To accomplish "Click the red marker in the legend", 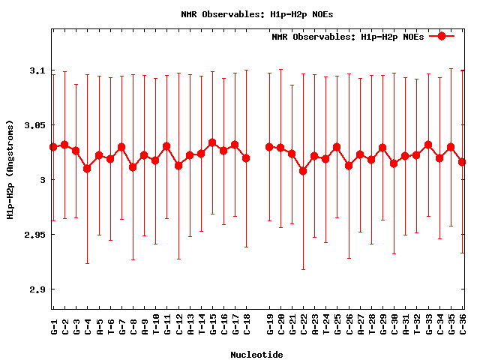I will tap(442, 36).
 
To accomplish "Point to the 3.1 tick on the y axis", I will tap(35, 70).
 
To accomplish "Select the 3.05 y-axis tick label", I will tap(32, 125).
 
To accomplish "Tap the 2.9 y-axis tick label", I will tap(35, 289).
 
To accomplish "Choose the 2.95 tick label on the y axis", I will tap(32, 235).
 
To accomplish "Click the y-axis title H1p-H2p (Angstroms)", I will tap(10, 180).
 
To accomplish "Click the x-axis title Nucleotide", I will tap(256, 354).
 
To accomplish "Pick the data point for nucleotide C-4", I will tap(87, 169).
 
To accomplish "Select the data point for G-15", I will tap(212, 142).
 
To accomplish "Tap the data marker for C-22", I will tap(303, 171).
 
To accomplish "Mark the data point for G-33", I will tap(428, 145).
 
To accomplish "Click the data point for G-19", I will tap(269, 147).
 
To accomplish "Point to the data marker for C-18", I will tap(246, 158).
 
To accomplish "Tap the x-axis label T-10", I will tap(156, 327).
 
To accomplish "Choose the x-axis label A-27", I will tap(361, 327).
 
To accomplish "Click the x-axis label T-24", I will tap(326, 327).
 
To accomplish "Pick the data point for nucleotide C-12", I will tap(178, 165).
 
